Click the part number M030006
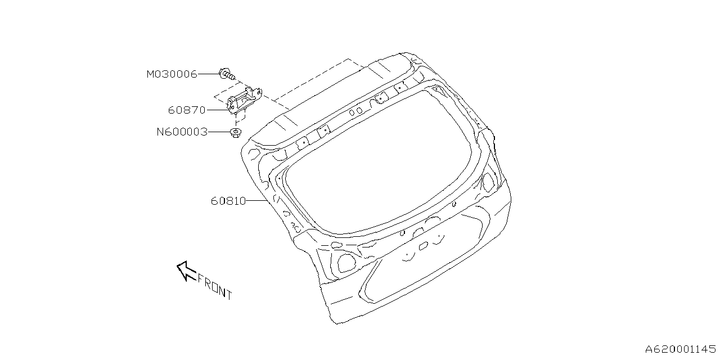172,74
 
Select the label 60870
187,110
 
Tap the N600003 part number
182,132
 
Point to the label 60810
228,200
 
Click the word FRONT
214,286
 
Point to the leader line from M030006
208,74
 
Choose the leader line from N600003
219,132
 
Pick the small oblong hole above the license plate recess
423,245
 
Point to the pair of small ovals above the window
355,112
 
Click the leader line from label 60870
217,110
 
